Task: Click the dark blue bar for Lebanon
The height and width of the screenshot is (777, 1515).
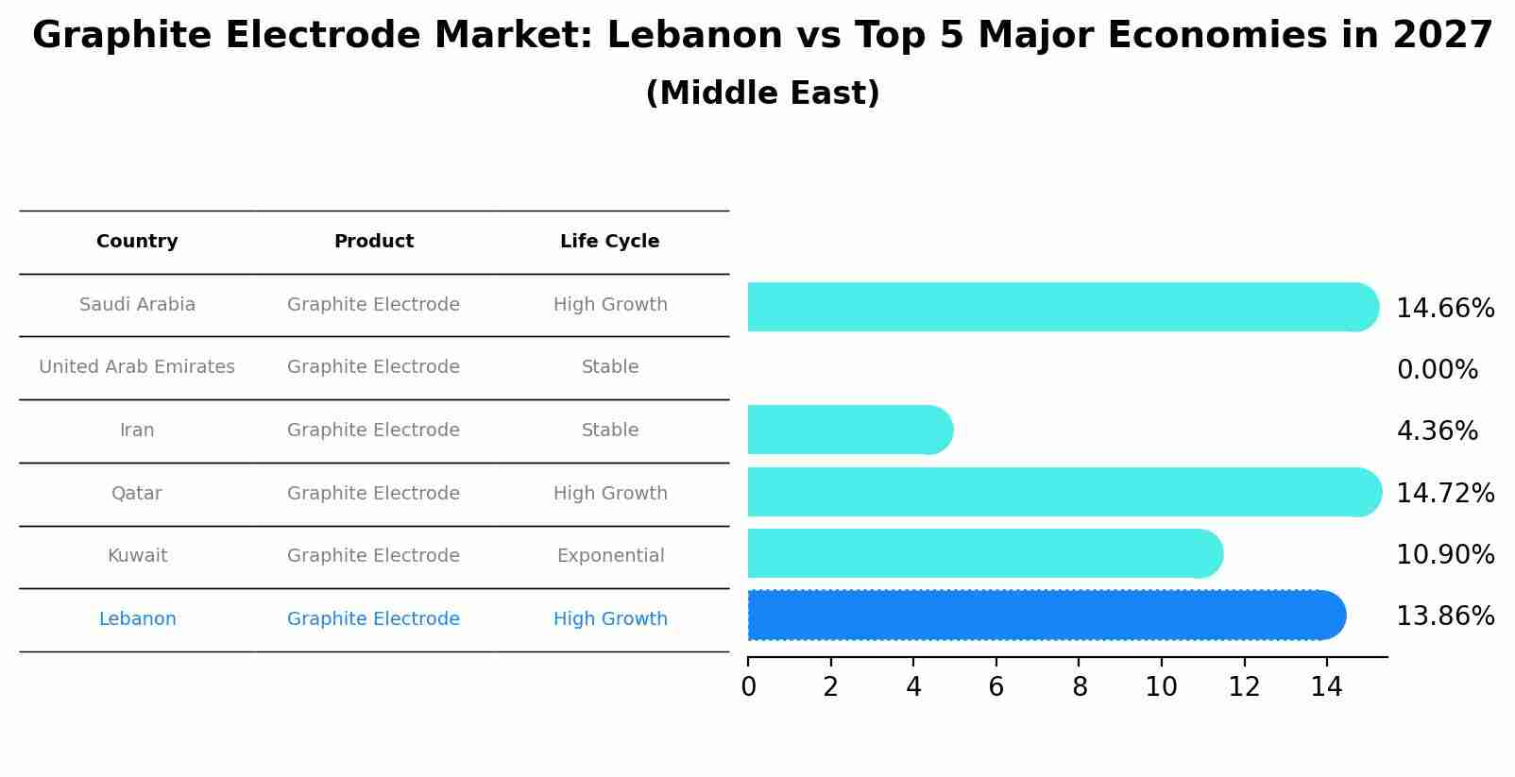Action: pyautogui.click(x=1044, y=616)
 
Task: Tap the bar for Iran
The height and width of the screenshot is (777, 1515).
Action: pyautogui.click(x=848, y=430)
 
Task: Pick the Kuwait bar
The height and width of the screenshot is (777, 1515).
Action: pyautogui.click(x=982, y=553)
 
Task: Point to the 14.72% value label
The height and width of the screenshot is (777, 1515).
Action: pyautogui.click(x=1445, y=493)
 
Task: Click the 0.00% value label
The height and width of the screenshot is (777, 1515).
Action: pyautogui.click(x=1437, y=370)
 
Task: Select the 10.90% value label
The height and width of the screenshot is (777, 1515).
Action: pyautogui.click(x=1445, y=554)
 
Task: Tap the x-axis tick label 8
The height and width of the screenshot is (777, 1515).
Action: pyautogui.click(x=1080, y=687)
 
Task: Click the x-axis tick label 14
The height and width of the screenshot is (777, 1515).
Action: pyautogui.click(x=1326, y=687)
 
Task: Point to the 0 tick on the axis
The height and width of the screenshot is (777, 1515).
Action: pyautogui.click(x=748, y=687)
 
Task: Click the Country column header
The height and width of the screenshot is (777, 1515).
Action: pyautogui.click(x=137, y=242)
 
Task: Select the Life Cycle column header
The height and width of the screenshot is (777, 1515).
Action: pyautogui.click(x=609, y=242)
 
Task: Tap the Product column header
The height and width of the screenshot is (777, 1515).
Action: pyautogui.click(x=373, y=242)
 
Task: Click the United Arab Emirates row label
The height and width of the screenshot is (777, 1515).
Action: pyautogui.click(x=137, y=367)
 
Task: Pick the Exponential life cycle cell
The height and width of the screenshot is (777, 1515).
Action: pyautogui.click(x=610, y=556)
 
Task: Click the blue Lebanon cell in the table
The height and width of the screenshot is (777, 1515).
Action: pyautogui.click(x=137, y=619)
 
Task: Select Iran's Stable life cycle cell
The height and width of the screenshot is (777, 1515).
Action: pyautogui.click(x=610, y=431)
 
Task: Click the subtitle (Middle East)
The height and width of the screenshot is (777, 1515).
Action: pyautogui.click(x=762, y=93)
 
